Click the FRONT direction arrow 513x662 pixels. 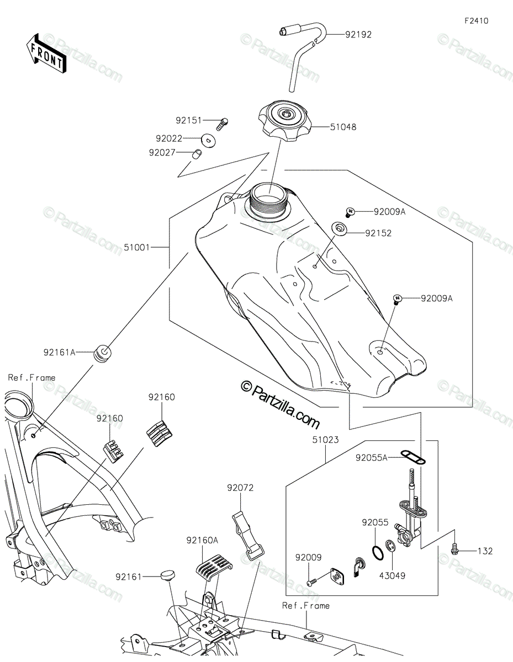click(46, 54)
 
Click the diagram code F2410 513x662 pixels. click(477, 21)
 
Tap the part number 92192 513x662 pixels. click(358, 35)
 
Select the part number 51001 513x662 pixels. click(137, 247)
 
